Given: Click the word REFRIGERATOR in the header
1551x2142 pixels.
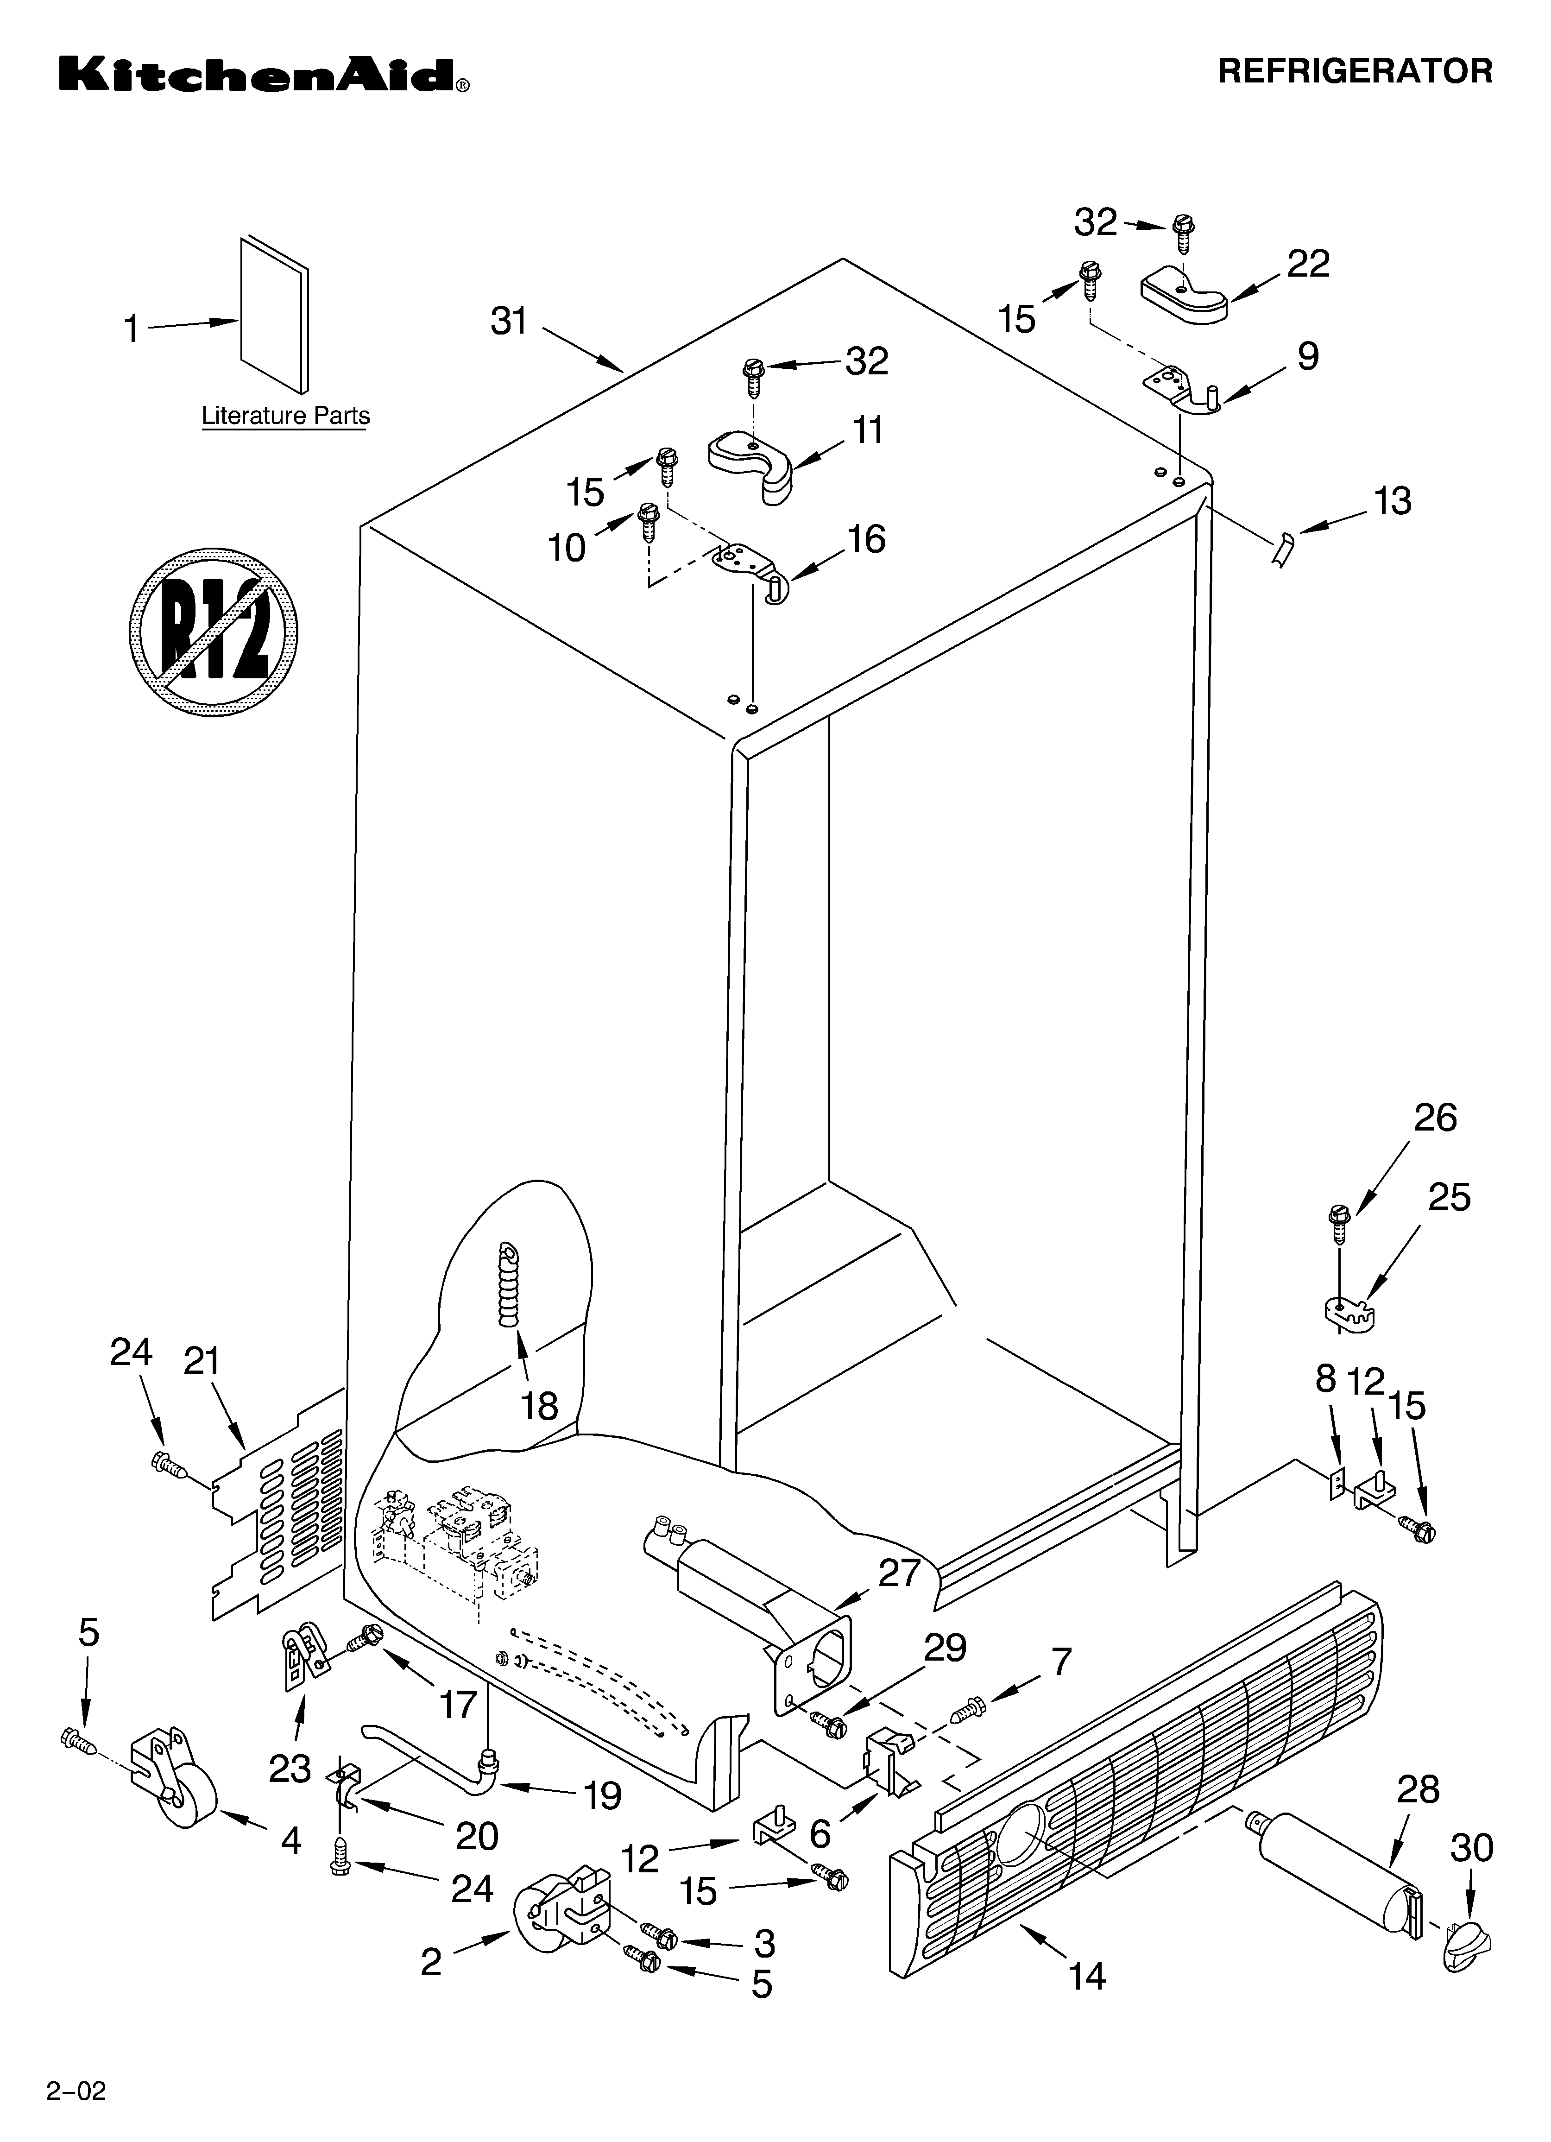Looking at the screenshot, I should [1355, 71].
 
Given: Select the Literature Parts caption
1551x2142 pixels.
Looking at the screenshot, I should [285, 416].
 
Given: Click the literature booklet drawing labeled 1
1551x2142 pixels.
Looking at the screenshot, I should [274, 315].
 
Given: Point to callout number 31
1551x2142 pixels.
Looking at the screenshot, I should [509, 322].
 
